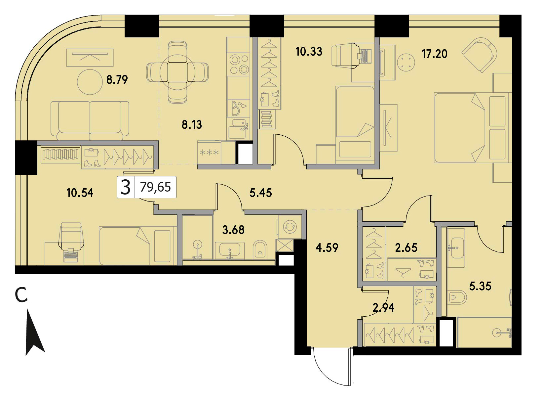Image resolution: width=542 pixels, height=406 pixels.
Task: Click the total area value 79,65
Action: pos(155,187)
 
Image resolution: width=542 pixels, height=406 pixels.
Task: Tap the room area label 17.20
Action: pos(435,54)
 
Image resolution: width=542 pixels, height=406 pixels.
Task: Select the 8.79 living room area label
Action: pos(117,80)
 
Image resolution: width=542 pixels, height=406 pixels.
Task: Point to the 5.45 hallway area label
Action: pos(260,193)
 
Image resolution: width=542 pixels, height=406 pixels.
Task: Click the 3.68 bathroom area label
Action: pos(233,230)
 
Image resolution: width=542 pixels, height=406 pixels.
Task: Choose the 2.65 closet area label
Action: pos(406,248)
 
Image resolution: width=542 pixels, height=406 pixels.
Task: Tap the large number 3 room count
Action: pos(126,187)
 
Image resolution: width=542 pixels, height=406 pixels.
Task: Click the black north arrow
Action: pos(35,332)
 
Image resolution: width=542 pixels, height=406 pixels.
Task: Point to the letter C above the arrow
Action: pos(21,295)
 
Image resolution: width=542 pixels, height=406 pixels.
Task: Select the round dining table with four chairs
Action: pos(177,72)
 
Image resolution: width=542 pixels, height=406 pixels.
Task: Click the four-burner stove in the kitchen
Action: pos(239,65)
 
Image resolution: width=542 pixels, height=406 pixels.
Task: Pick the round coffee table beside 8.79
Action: pos(90,82)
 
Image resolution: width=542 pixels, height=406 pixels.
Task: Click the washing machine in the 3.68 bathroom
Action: pos(290,227)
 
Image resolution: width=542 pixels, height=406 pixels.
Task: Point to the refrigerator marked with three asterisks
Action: pos(209,153)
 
